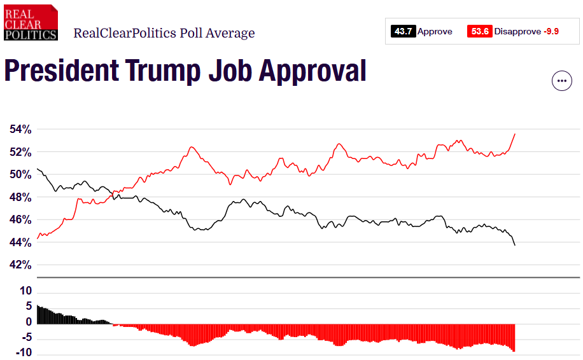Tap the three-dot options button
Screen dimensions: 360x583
[561, 81]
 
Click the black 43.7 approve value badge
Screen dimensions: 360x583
[404, 31]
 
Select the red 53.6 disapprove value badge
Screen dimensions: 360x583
[479, 31]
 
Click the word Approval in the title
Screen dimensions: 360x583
[312, 71]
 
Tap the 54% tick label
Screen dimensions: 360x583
[20, 130]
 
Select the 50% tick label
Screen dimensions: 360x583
[20, 175]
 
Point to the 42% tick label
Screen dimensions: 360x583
[20, 265]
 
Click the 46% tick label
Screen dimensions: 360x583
[20, 220]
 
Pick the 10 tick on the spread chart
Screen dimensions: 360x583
[25, 291]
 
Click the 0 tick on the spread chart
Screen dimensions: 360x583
[29, 322]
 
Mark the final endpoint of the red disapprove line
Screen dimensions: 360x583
[514, 134]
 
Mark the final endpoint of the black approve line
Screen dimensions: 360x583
[514, 245]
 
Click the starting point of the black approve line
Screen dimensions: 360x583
[38, 169]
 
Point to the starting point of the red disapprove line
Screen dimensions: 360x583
[38, 239]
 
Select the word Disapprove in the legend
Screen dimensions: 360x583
[517, 31]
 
